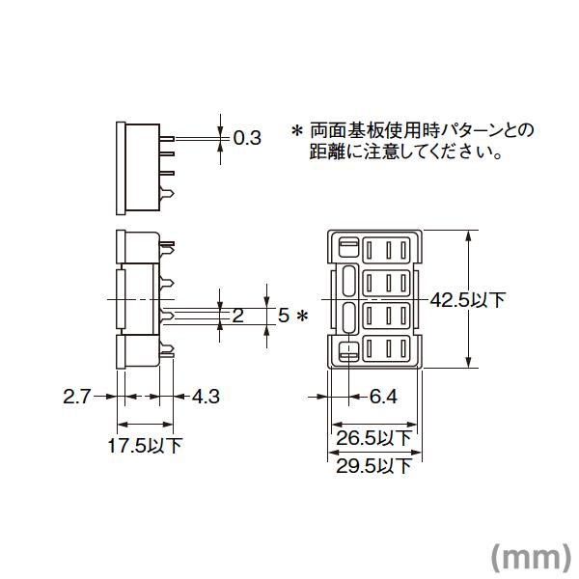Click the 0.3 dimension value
pyautogui.click(x=248, y=138)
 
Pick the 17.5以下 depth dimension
pyautogui.click(x=144, y=446)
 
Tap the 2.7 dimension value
pyautogui.click(x=76, y=396)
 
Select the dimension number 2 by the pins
pyautogui.click(x=237, y=315)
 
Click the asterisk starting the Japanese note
pyautogui.click(x=297, y=129)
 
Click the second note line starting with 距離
pyautogui.click(x=404, y=152)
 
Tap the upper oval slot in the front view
pyautogui.click(x=348, y=282)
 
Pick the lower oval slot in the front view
pyautogui.click(x=348, y=317)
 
